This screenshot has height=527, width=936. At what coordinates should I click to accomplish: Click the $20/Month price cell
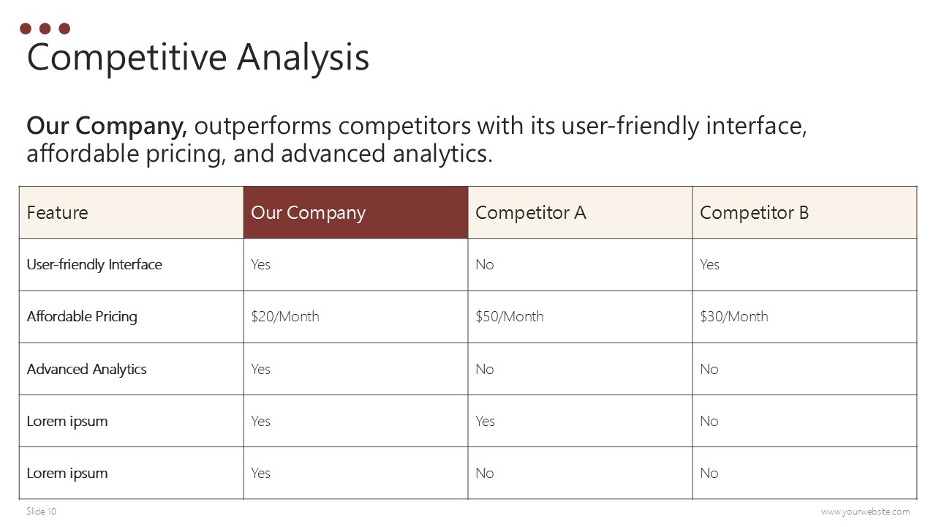click(x=285, y=316)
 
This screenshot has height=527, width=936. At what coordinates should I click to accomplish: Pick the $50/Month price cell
click(x=510, y=316)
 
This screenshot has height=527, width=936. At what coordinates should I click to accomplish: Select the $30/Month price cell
click(x=733, y=316)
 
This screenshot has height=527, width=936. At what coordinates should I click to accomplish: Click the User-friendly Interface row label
click(x=94, y=264)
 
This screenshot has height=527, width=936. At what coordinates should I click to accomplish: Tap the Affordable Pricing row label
click(x=82, y=317)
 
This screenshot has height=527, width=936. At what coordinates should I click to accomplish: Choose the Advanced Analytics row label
click(x=86, y=370)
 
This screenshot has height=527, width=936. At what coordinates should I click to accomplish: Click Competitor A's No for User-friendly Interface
click(x=485, y=264)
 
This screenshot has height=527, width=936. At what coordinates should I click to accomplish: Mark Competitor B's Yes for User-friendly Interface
click(x=709, y=264)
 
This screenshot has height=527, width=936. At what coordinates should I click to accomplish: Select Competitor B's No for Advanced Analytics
click(x=709, y=369)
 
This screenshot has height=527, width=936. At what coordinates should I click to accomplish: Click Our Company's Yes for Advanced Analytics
click(x=261, y=369)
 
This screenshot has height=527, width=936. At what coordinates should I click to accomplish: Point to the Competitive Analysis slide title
click(x=197, y=58)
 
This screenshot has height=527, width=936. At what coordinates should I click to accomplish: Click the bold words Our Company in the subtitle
click(x=107, y=125)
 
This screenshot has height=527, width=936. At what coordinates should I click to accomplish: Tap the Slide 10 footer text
click(x=41, y=511)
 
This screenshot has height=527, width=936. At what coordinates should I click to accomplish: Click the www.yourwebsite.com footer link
click(x=865, y=512)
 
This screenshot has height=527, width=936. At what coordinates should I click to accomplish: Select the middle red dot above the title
click(x=45, y=29)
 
